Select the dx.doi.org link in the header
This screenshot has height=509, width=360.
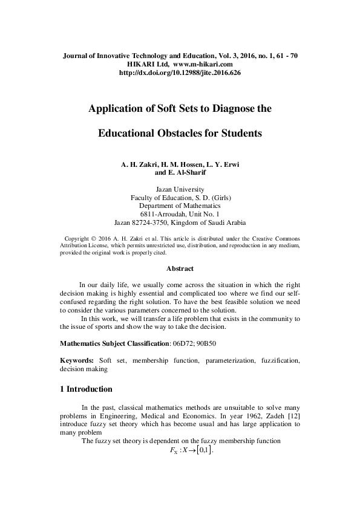coord(180,73)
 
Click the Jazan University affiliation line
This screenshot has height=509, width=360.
coord(180,189)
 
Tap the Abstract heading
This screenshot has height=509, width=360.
coord(180,268)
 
